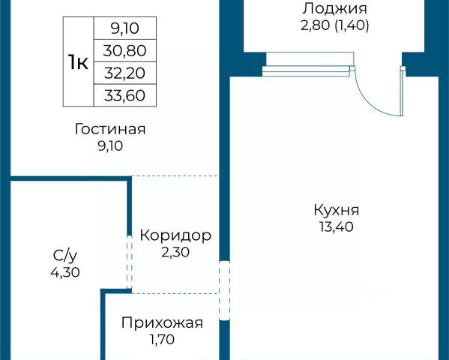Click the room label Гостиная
coord(110,129)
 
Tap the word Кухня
coord(336,211)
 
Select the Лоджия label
coord(335,8)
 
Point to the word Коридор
coord(175,236)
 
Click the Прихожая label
coord(162,323)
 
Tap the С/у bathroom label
coord(65,256)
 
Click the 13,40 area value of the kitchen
coord(337,227)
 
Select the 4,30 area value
coord(65,272)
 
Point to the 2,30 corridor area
coord(175,253)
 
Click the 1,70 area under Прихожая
coord(162,340)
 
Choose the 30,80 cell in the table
coord(125,51)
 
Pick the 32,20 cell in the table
coord(125,73)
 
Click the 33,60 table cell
coord(125,95)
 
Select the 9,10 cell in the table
coord(125,28)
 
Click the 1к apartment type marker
coord(78,62)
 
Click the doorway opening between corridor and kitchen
coord(224,290)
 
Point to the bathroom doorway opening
coord(129,262)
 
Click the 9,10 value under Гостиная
coord(110,146)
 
